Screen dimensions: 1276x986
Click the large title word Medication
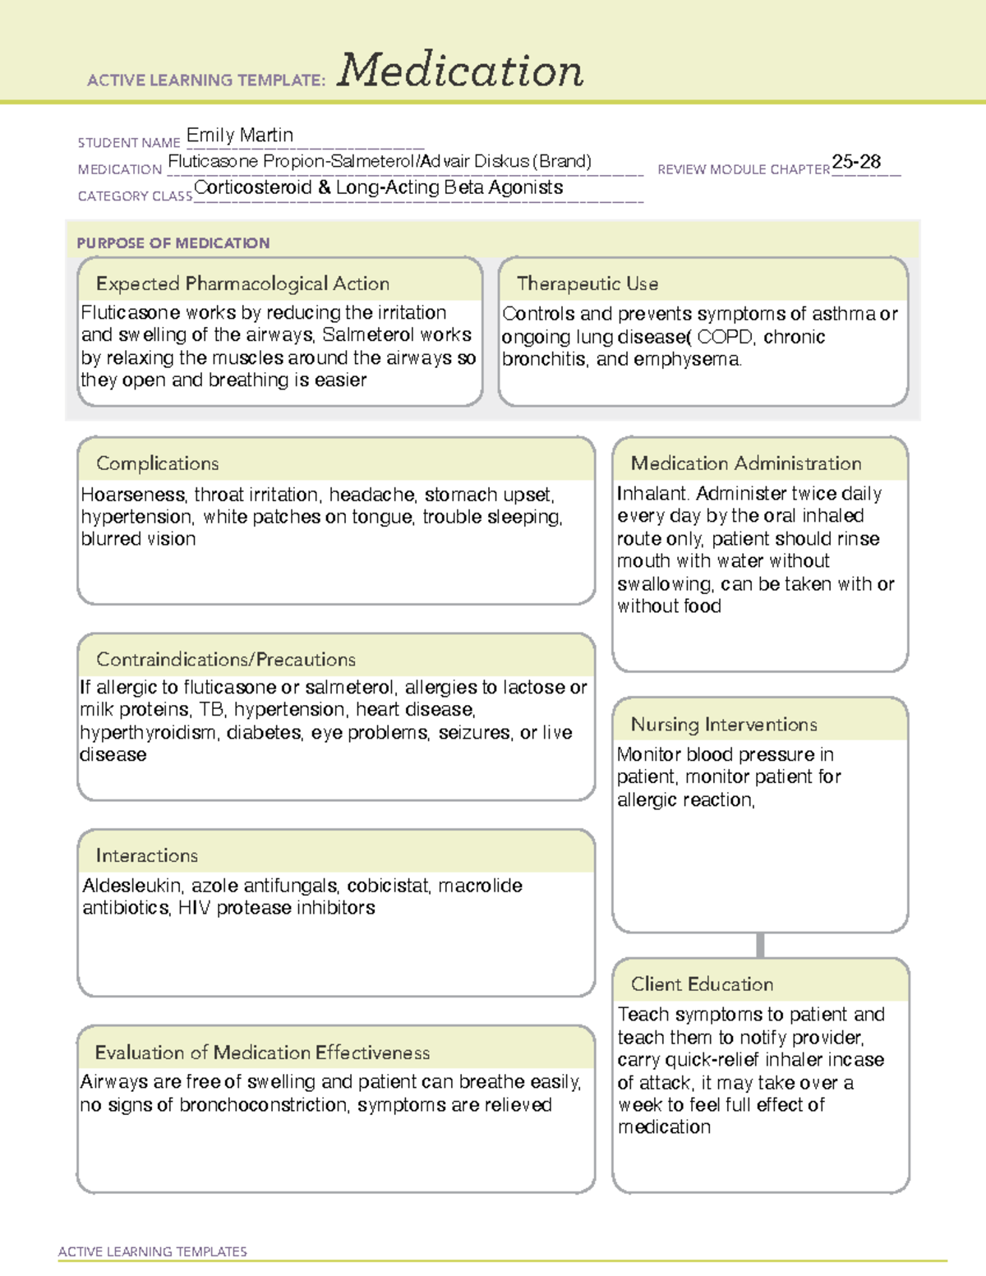tap(460, 71)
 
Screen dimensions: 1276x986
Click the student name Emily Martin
tap(239, 135)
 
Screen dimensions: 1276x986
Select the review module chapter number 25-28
tap(856, 162)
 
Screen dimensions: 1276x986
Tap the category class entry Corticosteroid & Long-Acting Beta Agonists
tap(379, 187)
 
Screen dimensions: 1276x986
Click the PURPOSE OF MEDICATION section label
tap(173, 243)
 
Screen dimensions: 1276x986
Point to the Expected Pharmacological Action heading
tap(242, 283)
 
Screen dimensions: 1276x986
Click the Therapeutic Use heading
tap(587, 283)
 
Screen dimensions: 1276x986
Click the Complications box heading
tap(158, 463)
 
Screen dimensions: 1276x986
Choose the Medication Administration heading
tap(746, 463)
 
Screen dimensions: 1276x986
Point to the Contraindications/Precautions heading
tap(226, 659)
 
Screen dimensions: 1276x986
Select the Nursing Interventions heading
tap(724, 724)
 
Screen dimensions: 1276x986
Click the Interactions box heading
tap(147, 855)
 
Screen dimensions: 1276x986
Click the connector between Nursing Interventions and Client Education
tap(760, 945)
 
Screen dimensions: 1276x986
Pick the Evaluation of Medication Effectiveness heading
tap(262, 1053)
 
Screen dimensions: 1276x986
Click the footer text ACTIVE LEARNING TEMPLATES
tap(153, 1251)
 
